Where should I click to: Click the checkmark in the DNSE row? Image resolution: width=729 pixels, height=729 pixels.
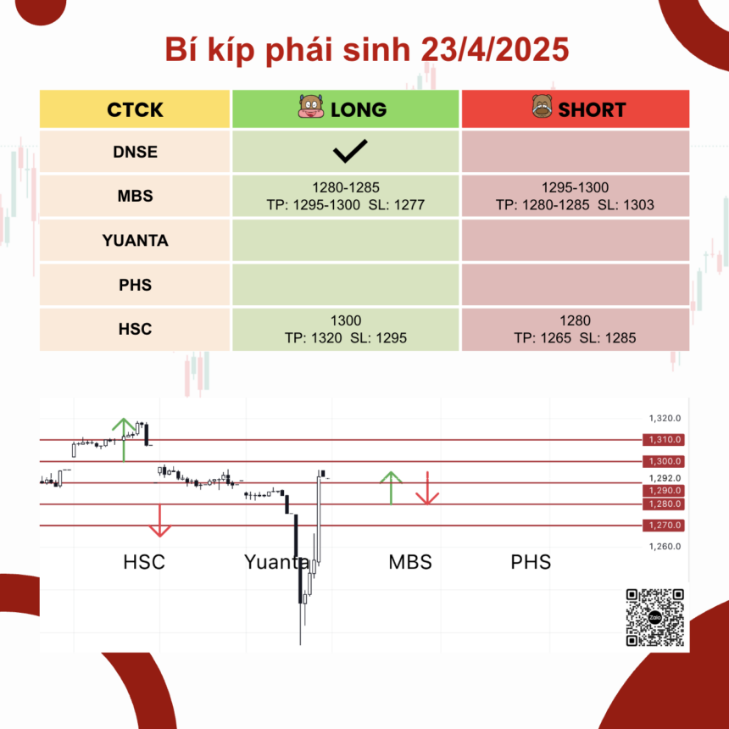pyautogui.click(x=350, y=151)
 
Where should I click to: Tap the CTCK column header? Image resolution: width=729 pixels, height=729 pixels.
pyautogui.click(x=135, y=109)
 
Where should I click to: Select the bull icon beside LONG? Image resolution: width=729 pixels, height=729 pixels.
pyautogui.click(x=310, y=107)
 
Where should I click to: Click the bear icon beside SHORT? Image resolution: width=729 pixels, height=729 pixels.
pyautogui.click(x=542, y=106)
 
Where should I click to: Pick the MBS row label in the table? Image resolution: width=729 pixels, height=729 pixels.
pyautogui.click(x=135, y=196)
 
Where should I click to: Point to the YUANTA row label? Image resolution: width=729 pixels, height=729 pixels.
pyautogui.click(x=135, y=241)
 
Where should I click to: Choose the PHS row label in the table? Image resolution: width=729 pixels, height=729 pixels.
pyautogui.click(x=135, y=285)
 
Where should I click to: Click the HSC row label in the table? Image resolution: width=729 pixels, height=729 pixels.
pyautogui.click(x=135, y=329)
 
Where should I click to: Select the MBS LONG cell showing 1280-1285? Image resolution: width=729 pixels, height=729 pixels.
pyautogui.click(x=346, y=196)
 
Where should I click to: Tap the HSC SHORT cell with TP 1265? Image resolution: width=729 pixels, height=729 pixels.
pyautogui.click(x=575, y=329)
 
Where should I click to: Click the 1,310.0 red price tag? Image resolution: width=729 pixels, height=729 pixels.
pyautogui.click(x=664, y=439)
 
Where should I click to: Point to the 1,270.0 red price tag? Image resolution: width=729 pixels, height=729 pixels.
pyautogui.click(x=664, y=526)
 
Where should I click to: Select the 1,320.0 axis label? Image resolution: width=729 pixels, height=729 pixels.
pyautogui.click(x=665, y=419)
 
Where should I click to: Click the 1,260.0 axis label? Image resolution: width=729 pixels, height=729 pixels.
pyautogui.click(x=665, y=546)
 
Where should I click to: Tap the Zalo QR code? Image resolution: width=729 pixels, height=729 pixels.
pyautogui.click(x=654, y=617)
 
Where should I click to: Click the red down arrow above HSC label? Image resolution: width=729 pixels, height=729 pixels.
pyautogui.click(x=159, y=520)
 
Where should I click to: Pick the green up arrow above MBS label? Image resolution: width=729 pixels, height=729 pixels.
pyautogui.click(x=391, y=488)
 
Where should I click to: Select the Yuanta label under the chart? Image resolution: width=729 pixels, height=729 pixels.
pyautogui.click(x=276, y=562)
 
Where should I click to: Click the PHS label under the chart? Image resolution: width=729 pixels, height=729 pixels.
pyautogui.click(x=531, y=562)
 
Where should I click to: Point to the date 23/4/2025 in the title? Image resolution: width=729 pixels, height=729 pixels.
pyautogui.click(x=495, y=49)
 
